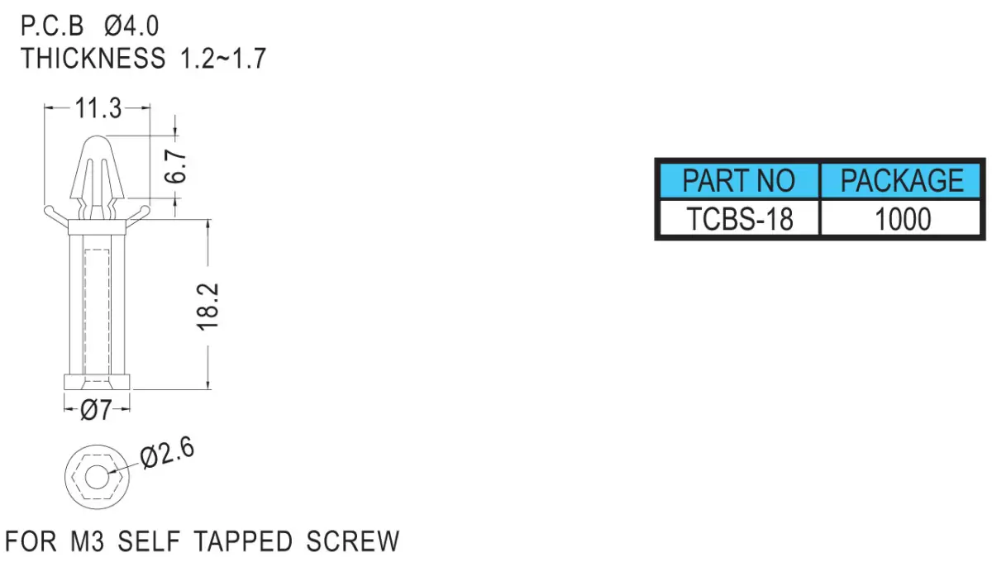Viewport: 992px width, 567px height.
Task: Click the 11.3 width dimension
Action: (98, 108)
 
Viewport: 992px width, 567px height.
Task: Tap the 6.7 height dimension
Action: (175, 166)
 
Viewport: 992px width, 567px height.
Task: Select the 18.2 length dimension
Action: (207, 307)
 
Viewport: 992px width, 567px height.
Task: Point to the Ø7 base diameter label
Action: (96, 410)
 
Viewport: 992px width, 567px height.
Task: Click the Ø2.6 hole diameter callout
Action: (167, 452)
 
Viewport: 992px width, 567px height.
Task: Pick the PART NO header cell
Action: (738, 180)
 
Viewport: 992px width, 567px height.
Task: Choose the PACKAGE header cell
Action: (902, 180)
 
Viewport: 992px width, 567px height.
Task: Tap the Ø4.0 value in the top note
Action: (131, 26)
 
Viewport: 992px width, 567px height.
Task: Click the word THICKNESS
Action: (93, 58)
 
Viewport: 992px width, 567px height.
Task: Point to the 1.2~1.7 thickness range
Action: (222, 58)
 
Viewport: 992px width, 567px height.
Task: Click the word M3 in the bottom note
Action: (88, 541)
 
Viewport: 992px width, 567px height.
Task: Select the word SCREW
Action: (353, 541)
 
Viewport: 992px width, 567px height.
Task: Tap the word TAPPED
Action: (243, 541)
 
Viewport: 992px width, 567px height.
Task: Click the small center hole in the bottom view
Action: (97, 477)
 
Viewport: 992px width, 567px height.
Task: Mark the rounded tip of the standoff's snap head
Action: (98, 136)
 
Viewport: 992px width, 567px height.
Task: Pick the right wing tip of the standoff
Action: (145, 209)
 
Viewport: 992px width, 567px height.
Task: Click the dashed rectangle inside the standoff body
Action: (97, 313)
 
